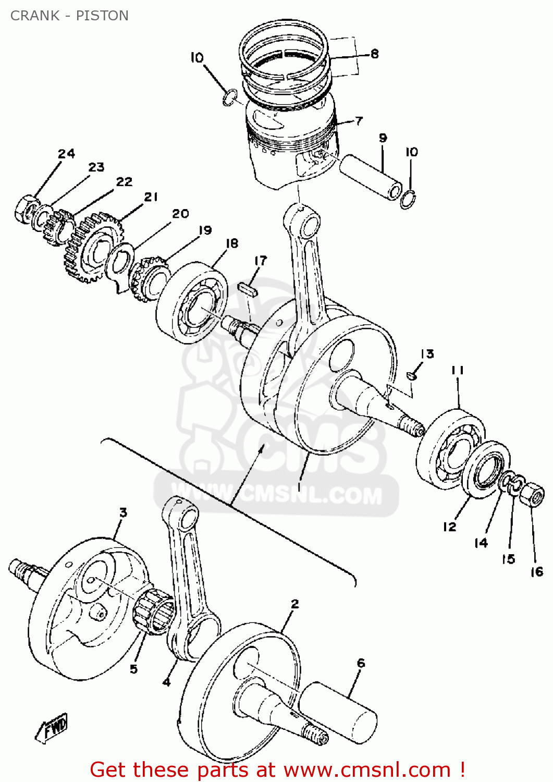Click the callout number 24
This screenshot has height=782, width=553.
(66, 153)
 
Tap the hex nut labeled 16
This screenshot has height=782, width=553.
(532, 494)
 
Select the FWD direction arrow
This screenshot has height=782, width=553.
(52, 727)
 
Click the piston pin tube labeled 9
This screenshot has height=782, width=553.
(371, 176)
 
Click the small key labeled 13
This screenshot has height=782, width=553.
(412, 374)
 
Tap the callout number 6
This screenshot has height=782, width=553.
(361, 663)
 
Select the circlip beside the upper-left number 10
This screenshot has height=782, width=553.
(229, 97)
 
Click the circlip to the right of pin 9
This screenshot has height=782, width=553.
(408, 200)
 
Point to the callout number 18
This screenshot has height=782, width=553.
(232, 243)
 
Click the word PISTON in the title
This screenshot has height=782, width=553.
(102, 16)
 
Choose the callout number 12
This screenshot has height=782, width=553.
(449, 527)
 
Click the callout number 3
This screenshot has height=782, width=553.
(123, 512)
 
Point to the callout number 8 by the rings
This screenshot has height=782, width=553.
(374, 54)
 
